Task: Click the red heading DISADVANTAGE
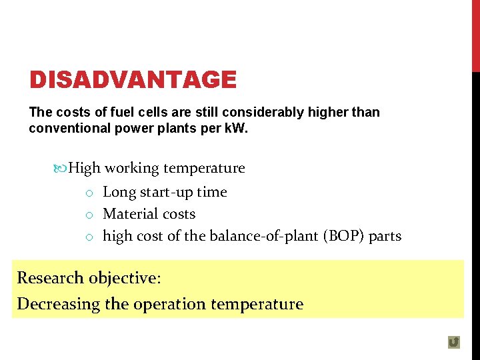pyautogui.click(x=133, y=80)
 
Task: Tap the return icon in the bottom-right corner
pyautogui.click(x=454, y=342)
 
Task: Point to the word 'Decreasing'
pyautogui.click(x=58, y=304)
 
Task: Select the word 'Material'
pyautogui.click(x=129, y=214)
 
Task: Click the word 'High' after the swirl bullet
pyautogui.click(x=84, y=168)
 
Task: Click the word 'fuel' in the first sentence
pyautogui.click(x=111, y=112)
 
